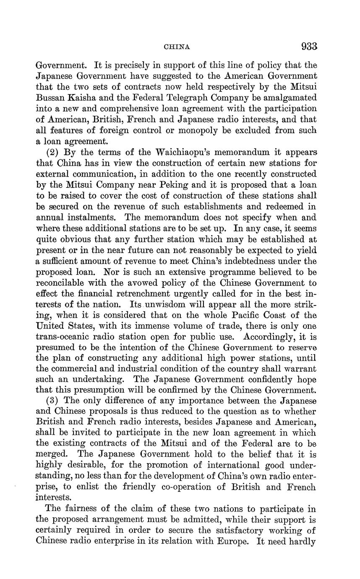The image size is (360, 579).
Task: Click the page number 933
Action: click(309, 47)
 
